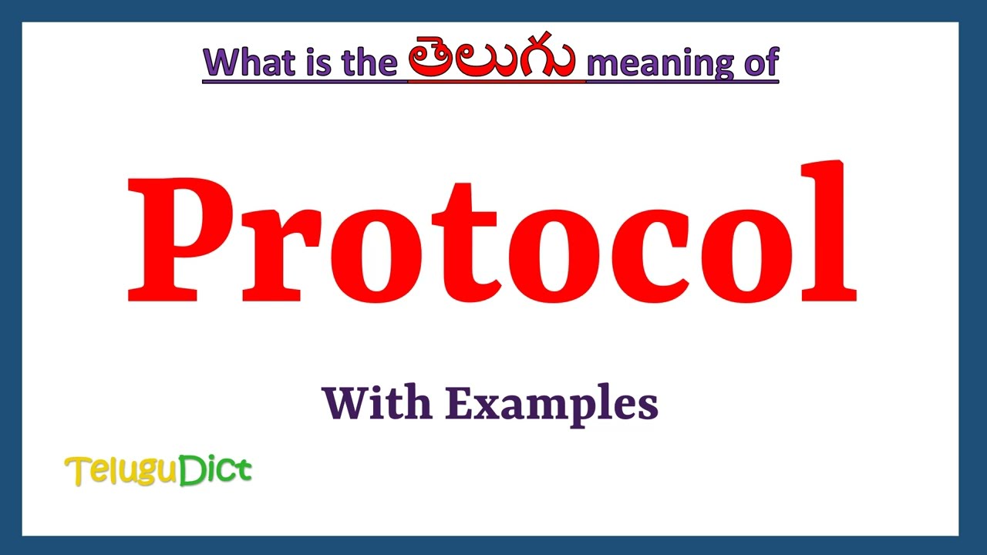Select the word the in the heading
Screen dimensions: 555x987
point(362,62)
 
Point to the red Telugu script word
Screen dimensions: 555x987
point(490,60)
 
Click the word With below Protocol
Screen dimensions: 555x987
point(376,402)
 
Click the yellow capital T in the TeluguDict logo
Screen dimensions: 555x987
point(77,471)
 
